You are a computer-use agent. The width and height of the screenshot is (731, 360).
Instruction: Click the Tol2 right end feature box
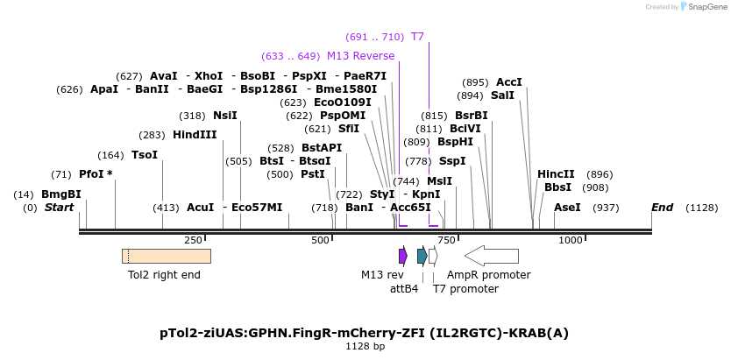click(x=166, y=256)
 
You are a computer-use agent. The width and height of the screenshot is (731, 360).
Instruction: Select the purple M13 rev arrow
click(x=402, y=256)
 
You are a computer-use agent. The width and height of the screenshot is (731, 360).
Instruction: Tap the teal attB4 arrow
click(x=422, y=256)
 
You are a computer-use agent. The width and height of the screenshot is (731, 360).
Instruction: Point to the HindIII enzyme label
click(x=194, y=135)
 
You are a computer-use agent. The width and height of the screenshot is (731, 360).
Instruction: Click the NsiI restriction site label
click(x=224, y=116)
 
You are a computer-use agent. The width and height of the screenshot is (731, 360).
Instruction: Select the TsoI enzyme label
click(x=144, y=155)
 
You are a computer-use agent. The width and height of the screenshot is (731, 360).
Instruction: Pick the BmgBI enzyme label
click(x=60, y=194)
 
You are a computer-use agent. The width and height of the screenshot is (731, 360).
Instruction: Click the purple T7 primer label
click(x=417, y=37)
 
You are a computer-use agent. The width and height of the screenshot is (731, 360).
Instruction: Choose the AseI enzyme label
click(x=567, y=208)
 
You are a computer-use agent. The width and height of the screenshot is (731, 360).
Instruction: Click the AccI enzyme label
click(x=508, y=82)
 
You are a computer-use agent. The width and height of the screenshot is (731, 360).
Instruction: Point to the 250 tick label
click(x=193, y=240)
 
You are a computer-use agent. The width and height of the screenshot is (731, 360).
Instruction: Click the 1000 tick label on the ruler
click(x=571, y=240)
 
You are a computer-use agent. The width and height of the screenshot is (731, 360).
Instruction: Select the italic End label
click(x=662, y=208)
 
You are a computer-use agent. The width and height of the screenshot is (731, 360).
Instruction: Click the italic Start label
click(x=59, y=208)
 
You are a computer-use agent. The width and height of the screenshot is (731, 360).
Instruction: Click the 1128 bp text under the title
click(x=365, y=347)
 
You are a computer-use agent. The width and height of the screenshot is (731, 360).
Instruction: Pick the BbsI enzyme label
click(x=557, y=187)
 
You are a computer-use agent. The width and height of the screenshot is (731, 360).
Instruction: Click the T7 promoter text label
click(x=465, y=288)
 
